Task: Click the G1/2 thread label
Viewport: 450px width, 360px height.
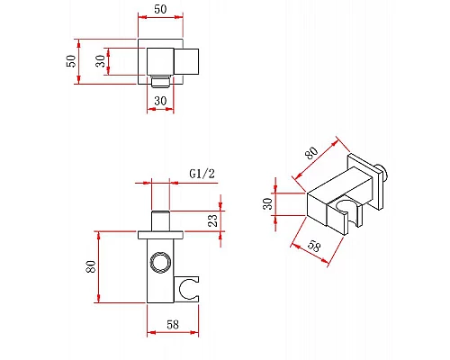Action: point(202,174)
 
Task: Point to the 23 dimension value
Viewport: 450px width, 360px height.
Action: point(212,220)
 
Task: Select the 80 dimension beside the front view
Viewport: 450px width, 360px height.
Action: point(91,266)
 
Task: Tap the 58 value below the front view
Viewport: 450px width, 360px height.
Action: point(173,324)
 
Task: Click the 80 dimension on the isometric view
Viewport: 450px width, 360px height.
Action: point(311,153)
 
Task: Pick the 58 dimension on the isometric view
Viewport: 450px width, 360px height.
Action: point(314,247)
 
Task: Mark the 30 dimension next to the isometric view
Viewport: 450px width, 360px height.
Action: point(267,203)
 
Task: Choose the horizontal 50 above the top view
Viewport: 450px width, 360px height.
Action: point(160,9)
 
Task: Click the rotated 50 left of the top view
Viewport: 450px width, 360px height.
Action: point(71,61)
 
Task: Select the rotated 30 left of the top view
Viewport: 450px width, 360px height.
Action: point(101,61)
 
